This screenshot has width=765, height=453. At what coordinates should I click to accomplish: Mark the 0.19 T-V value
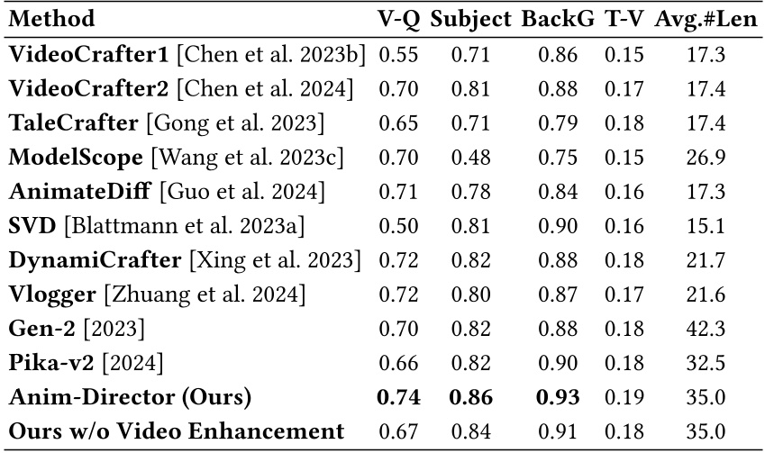click(x=624, y=397)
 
